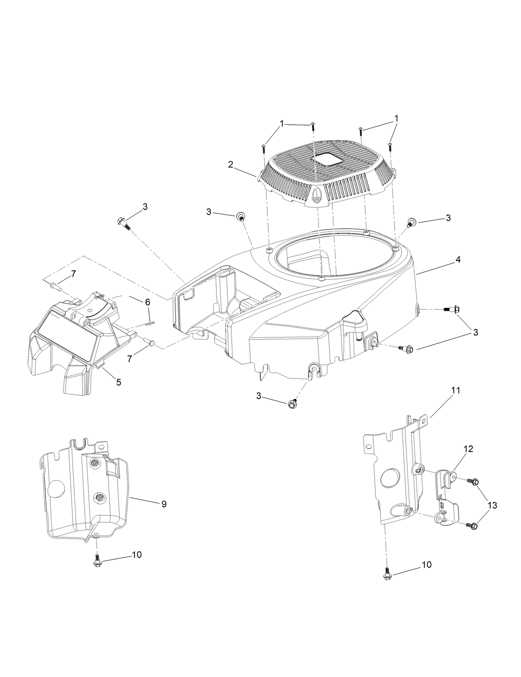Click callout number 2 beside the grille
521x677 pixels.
230,164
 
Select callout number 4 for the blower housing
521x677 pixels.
458,260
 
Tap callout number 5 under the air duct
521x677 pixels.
118,382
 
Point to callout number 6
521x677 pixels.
147,302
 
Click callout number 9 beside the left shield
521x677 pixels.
164,504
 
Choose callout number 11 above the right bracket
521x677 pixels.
456,390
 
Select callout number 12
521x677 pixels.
468,449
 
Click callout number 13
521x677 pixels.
492,505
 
